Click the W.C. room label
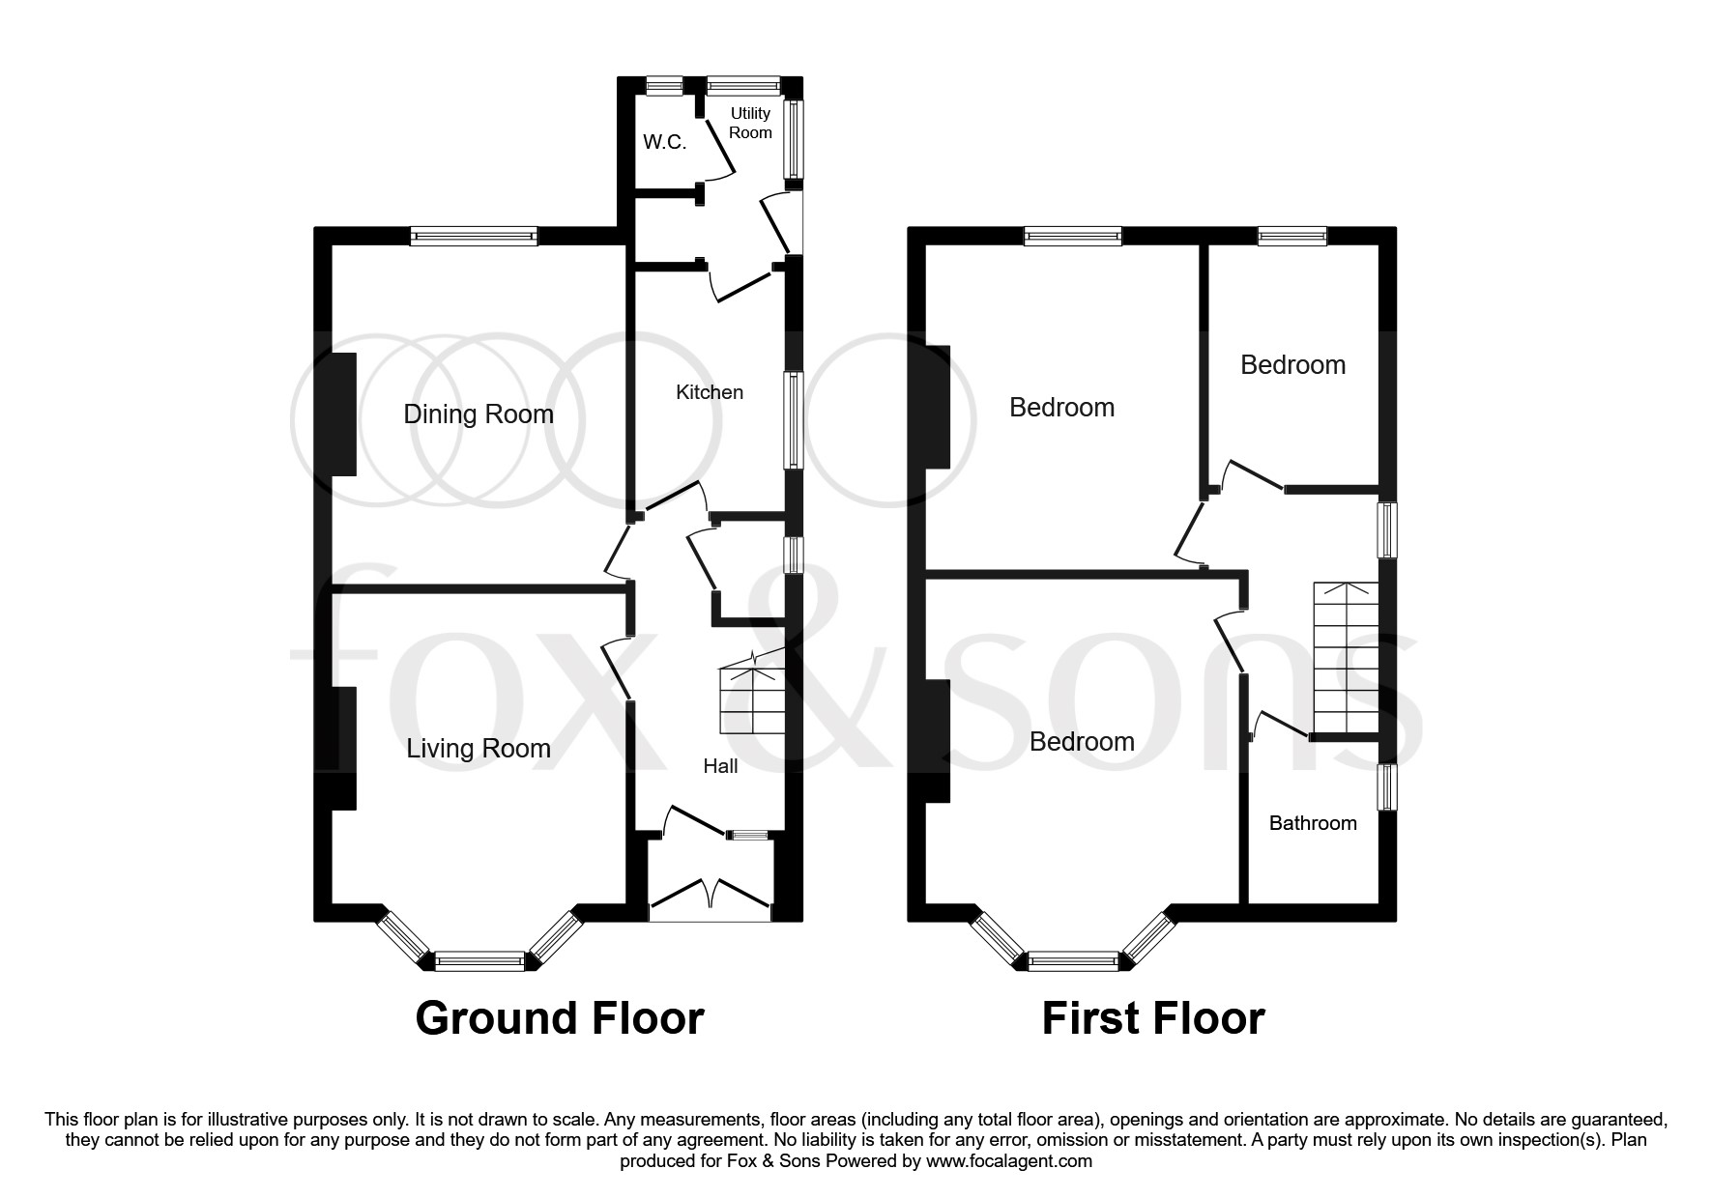(x=664, y=143)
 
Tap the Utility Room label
(x=750, y=123)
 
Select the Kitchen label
(x=710, y=392)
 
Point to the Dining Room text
(x=479, y=414)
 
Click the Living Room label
(x=479, y=749)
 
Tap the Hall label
(x=720, y=766)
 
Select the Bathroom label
(x=1312, y=823)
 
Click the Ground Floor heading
(x=559, y=1018)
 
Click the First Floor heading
(x=1152, y=1018)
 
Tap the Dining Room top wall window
(x=473, y=236)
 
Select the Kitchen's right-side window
(x=793, y=421)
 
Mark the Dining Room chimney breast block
(x=343, y=414)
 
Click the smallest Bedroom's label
(x=1292, y=365)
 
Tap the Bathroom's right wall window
(x=1387, y=787)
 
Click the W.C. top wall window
(x=664, y=86)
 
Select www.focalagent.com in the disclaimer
(x=1008, y=1161)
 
